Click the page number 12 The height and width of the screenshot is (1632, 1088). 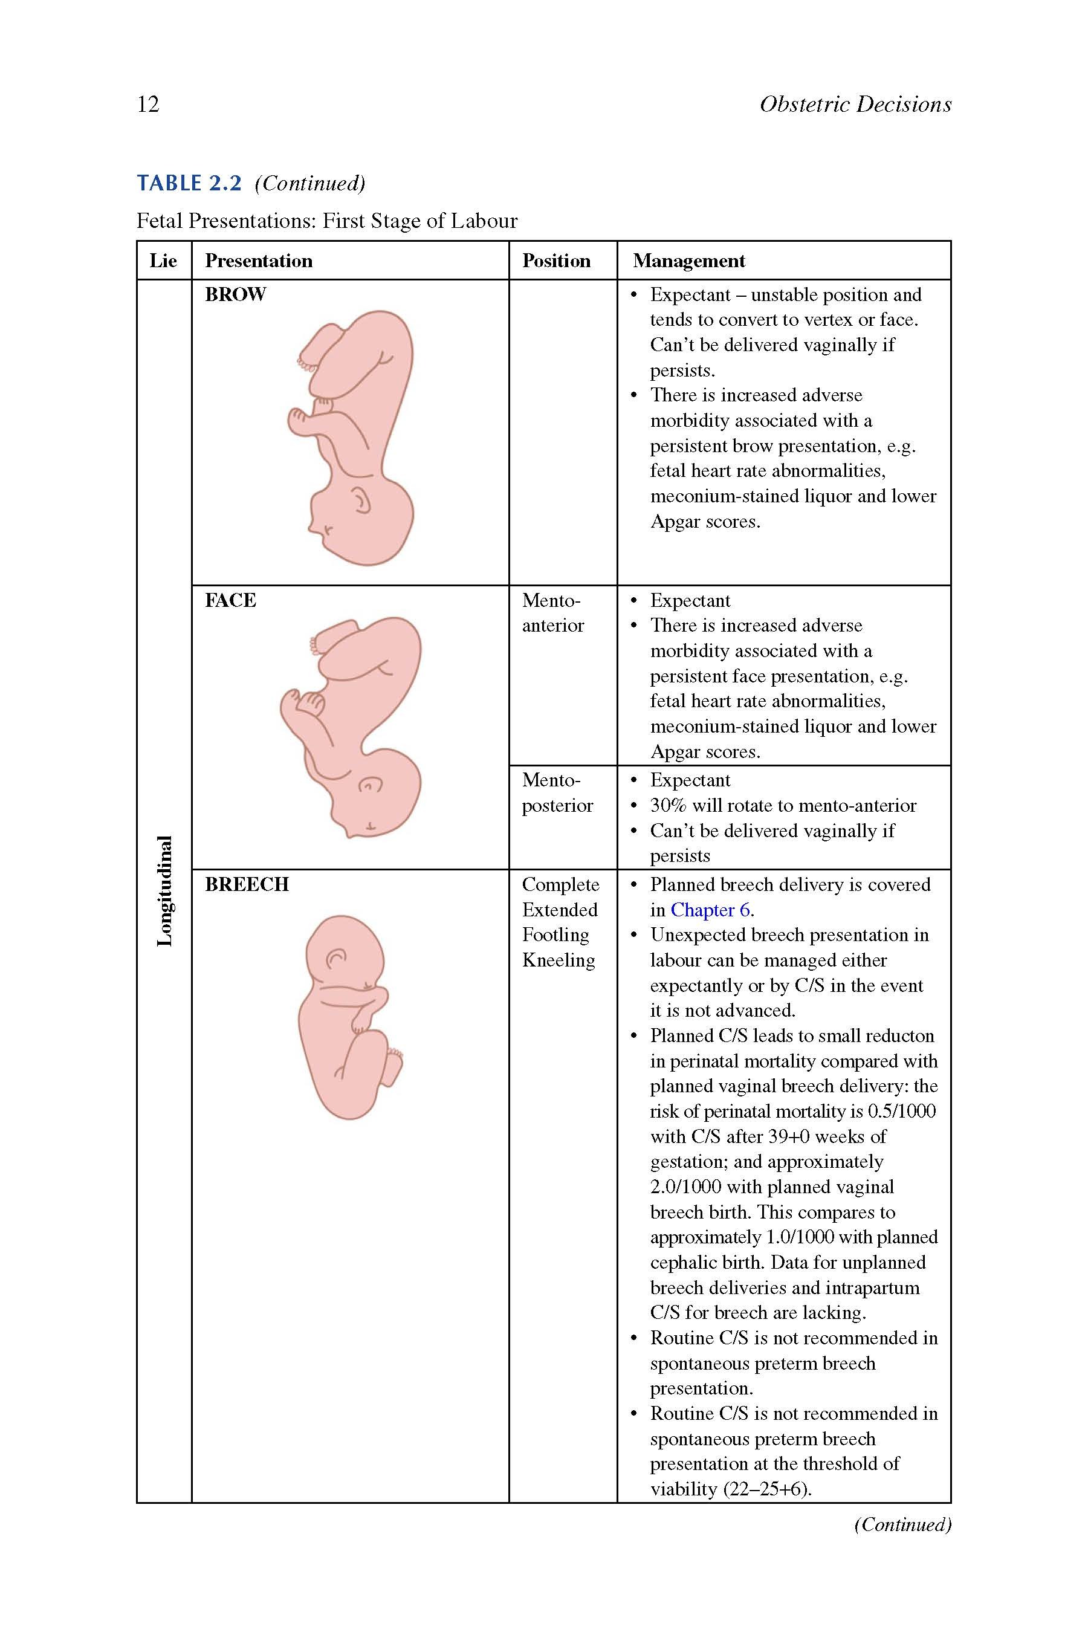click(x=149, y=104)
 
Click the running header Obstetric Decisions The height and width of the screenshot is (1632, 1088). click(x=855, y=104)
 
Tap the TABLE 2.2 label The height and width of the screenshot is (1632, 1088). click(x=189, y=183)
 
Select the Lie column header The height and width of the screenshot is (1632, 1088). click(x=163, y=261)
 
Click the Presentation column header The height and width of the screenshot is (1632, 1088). click(x=258, y=261)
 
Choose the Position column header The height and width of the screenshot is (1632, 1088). click(x=556, y=261)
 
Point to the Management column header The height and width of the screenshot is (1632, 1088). click(x=688, y=261)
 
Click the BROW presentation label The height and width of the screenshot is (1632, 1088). click(x=235, y=294)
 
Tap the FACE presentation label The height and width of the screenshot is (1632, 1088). click(x=230, y=600)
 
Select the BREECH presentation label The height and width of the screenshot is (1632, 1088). click(x=247, y=884)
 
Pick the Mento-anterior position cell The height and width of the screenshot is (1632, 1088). click(x=553, y=613)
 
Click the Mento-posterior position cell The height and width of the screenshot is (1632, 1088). click(x=557, y=792)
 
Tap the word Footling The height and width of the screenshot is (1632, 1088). click(x=555, y=934)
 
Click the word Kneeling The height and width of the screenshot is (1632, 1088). click(x=559, y=960)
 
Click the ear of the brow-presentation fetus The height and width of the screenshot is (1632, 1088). click(x=361, y=500)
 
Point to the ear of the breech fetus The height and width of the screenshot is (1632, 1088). click(x=336, y=958)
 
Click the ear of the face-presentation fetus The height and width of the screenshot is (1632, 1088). click(x=371, y=785)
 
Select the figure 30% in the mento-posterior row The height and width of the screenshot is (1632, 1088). click(x=667, y=806)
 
